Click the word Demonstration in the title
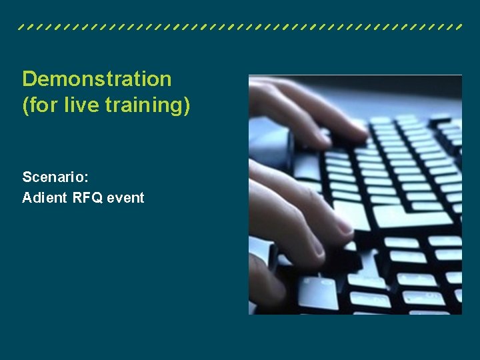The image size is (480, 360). [97, 79]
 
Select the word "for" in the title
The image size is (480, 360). [44, 105]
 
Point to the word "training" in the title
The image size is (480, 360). [143, 106]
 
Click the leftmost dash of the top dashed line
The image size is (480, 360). [22, 28]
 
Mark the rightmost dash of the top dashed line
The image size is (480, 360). [458, 28]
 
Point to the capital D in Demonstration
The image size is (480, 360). [29, 79]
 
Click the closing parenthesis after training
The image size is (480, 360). [187, 106]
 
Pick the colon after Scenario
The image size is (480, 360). [87, 179]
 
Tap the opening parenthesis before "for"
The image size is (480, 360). [25, 106]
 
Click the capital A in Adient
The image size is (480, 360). [27, 198]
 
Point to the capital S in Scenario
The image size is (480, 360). [27, 177]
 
